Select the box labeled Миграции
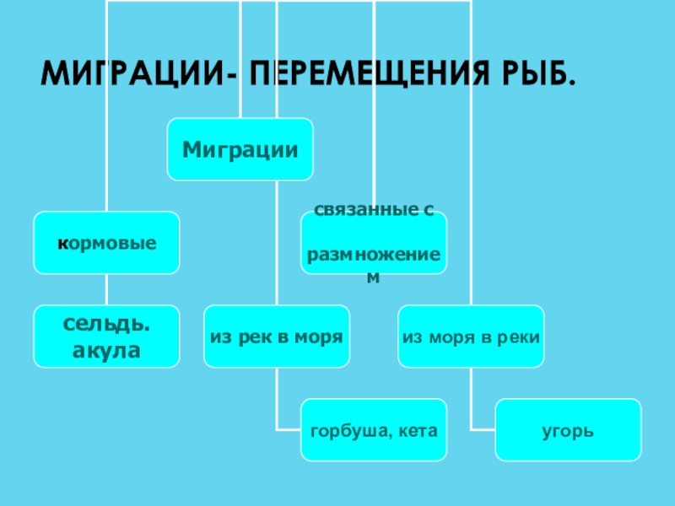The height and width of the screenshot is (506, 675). click(240, 149)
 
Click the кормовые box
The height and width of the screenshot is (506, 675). click(106, 243)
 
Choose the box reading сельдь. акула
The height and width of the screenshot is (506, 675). click(106, 336)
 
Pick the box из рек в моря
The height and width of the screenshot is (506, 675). click(276, 336)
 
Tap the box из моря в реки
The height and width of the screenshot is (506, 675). click(471, 336)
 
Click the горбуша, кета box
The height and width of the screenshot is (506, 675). click(373, 430)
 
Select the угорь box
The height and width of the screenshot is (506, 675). click(568, 430)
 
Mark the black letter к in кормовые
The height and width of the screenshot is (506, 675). click(62, 244)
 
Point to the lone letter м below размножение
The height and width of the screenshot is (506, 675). click(374, 276)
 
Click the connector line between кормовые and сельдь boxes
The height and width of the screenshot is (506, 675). click(106, 289)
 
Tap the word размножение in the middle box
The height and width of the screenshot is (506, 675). click(374, 256)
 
